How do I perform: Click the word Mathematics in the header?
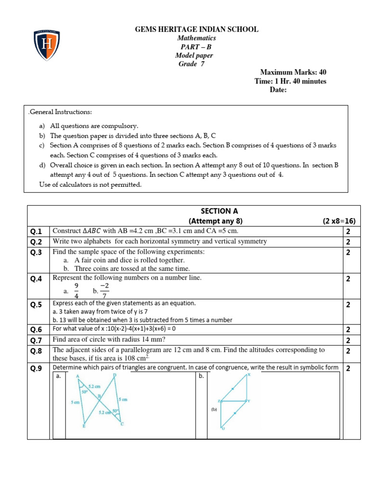click(197, 38)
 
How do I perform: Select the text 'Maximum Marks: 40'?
click(293, 72)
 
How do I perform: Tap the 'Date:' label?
click(278, 90)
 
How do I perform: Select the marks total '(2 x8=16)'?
click(339, 221)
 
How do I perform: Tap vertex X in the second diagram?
click(249, 374)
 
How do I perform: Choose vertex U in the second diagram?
click(223, 428)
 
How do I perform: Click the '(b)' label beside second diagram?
click(213, 409)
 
